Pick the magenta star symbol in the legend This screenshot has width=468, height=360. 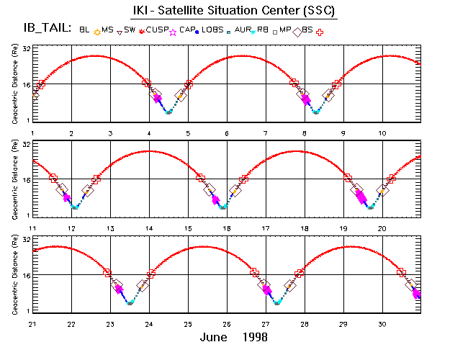(172, 32)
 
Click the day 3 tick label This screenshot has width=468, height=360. (110, 134)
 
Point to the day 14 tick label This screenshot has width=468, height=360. (149, 228)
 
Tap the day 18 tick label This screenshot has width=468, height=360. (305, 228)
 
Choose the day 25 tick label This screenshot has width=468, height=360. (188, 324)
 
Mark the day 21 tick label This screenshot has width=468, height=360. (32, 324)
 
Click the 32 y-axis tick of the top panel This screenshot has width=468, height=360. (26, 48)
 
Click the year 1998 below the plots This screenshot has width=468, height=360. (255, 337)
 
